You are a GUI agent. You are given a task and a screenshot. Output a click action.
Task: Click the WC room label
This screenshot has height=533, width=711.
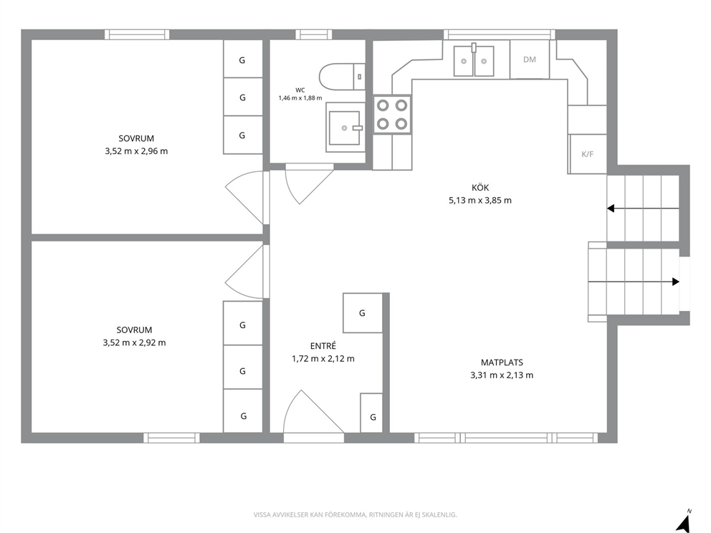[300, 90]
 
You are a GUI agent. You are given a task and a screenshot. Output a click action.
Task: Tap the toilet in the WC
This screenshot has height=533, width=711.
[342, 77]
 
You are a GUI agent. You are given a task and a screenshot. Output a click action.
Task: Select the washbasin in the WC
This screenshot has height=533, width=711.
[345, 127]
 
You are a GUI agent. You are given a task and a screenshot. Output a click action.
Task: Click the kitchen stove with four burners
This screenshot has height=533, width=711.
[392, 115]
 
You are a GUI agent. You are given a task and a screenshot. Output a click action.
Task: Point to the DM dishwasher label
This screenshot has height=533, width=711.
[529, 59]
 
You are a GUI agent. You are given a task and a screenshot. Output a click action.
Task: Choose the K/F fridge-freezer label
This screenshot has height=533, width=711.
[587, 154]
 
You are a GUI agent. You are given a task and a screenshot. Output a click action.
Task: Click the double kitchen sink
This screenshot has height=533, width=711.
[474, 60]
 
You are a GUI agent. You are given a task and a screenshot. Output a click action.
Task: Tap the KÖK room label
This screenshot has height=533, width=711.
[480, 188]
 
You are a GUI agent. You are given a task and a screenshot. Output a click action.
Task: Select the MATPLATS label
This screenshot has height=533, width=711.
[502, 362]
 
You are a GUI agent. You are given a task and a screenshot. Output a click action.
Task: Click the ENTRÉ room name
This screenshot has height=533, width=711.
[323, 346]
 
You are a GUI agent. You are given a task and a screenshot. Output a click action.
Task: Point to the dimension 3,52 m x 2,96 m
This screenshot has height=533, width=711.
[136, 151]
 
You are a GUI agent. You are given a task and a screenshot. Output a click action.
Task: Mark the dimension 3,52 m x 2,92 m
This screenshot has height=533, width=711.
[134, 343]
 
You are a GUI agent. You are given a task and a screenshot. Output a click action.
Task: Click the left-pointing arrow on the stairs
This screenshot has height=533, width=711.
[643, 208]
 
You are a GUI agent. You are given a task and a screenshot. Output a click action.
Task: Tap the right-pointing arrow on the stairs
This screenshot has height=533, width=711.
[634, 282]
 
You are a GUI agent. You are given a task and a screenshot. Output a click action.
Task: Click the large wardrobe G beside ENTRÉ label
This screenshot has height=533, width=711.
[362, 313]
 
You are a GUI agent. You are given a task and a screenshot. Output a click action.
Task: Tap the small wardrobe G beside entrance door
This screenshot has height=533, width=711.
[371, 413]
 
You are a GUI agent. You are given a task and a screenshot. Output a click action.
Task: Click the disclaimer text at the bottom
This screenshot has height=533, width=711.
[355, 515]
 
